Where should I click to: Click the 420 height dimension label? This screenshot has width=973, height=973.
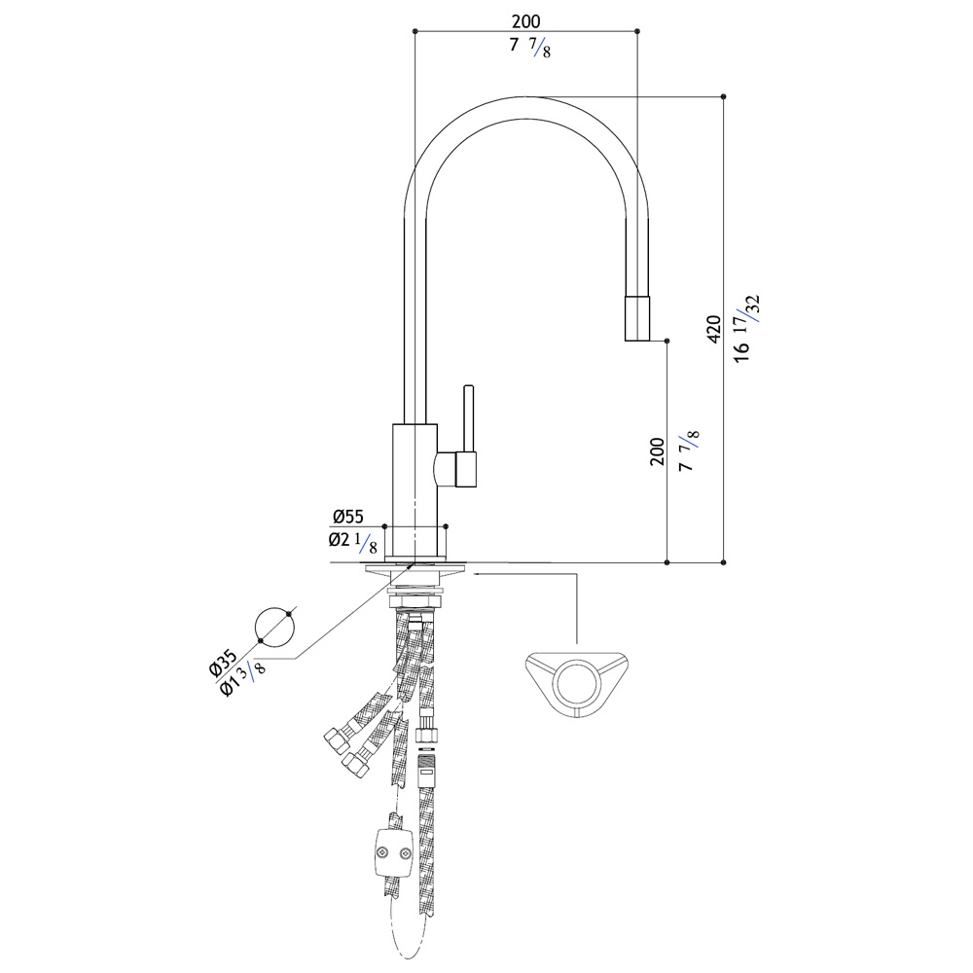[x=713, y=329]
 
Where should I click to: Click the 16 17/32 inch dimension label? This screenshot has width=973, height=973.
[x=746, y=328]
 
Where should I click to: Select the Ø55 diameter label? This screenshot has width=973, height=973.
[x=347, y=517]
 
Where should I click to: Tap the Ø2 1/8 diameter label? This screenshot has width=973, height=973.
[x=352, y=542]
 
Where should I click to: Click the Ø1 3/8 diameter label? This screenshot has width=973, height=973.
[x=243, y=677]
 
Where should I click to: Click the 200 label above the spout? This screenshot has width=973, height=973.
[x=525, y=21]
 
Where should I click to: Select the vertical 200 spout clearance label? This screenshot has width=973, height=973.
[x=657, y=451]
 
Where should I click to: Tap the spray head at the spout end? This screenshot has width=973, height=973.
[x=637, y=318]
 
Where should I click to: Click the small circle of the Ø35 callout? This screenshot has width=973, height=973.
[x=275, y=627]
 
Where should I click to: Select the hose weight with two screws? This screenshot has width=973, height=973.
[x=393, y=854]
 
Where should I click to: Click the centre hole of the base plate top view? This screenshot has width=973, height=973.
[x=578, y=685]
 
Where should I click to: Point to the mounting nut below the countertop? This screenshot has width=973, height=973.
[x=415, y=600]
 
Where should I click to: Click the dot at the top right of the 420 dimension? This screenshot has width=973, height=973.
[x=724, y=96]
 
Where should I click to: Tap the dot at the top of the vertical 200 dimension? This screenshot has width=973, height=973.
[x=667, y=341]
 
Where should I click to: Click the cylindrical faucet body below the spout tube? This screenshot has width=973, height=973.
[x=415, y=489]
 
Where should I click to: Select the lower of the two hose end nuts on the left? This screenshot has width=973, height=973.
[x=355, y=762]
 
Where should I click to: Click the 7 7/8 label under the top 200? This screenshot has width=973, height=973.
[x=530, y=47]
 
